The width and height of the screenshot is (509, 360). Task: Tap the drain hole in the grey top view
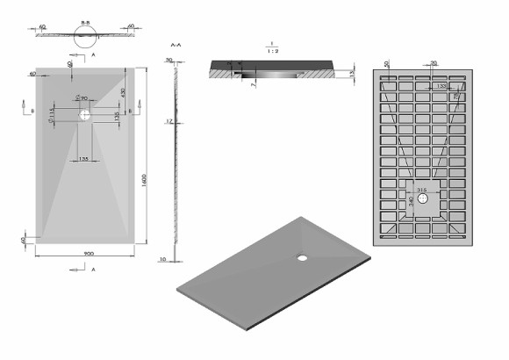tap(85, 114)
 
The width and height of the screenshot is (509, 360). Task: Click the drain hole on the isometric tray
tap(303, 258)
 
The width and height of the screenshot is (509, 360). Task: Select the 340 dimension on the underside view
tap(412, 203)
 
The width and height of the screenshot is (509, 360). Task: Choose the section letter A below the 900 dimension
tap(93, 270)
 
